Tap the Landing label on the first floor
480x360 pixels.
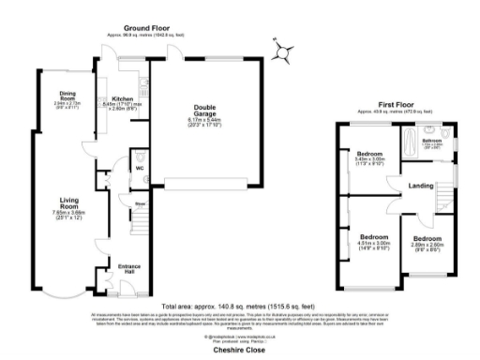(x=420, y=186)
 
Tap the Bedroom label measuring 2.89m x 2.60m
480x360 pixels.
(x=427, y=239)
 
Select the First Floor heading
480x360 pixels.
(x=397, y=105)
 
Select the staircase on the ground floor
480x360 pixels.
(x=141, y=223)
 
